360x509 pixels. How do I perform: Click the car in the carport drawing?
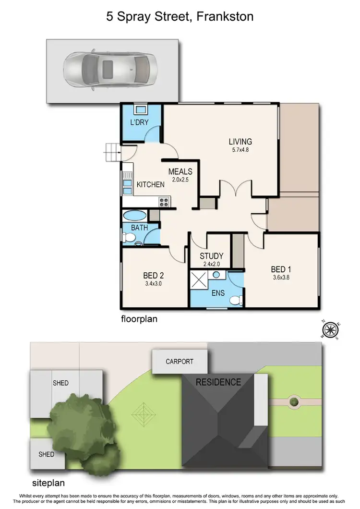point(112,68)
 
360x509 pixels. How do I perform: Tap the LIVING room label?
point(240,141)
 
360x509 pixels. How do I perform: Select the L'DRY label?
point(139,122)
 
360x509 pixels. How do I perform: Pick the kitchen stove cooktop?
point(164,202)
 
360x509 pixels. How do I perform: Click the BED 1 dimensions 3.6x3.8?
point(281,277)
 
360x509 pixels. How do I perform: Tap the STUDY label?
point(212,256)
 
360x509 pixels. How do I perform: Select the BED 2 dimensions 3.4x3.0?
point(154,283)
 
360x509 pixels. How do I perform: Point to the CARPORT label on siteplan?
point(180,362)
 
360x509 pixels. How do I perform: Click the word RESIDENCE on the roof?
point(218,382)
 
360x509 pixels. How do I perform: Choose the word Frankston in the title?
point(225,17)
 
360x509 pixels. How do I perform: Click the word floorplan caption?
point(139,318)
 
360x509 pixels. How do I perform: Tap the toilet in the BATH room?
point(128,238)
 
